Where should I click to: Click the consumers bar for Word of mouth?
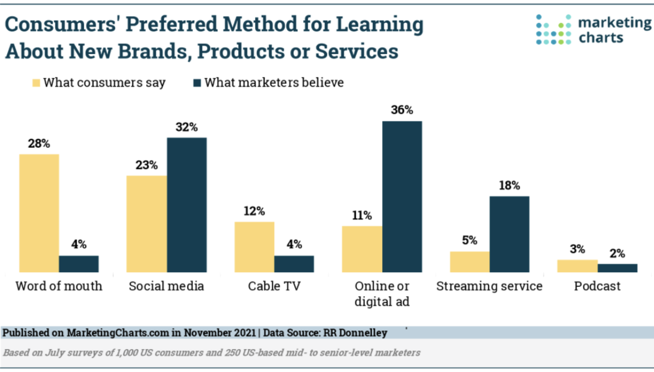tap(39, 213)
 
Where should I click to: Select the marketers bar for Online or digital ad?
tap(402, 197)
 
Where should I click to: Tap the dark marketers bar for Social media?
tap(187, 204)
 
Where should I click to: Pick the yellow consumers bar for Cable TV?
tap(254, 247)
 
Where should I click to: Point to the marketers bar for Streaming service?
tap(509, 234)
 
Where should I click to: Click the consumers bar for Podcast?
tap(577, 266)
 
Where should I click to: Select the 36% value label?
tap(402, 110)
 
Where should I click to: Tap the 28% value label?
tap(39, 143)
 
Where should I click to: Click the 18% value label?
tap(509, 185)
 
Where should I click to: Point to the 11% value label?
tap(362, 215)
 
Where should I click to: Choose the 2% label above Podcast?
tap(617, 252)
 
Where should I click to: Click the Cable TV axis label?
tap(274, 286)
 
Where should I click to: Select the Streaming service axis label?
tap(489, 286)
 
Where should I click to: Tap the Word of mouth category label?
tap(59, 286)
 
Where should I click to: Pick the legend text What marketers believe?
tap(274, 82)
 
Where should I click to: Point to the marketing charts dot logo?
tap(553, 29)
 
